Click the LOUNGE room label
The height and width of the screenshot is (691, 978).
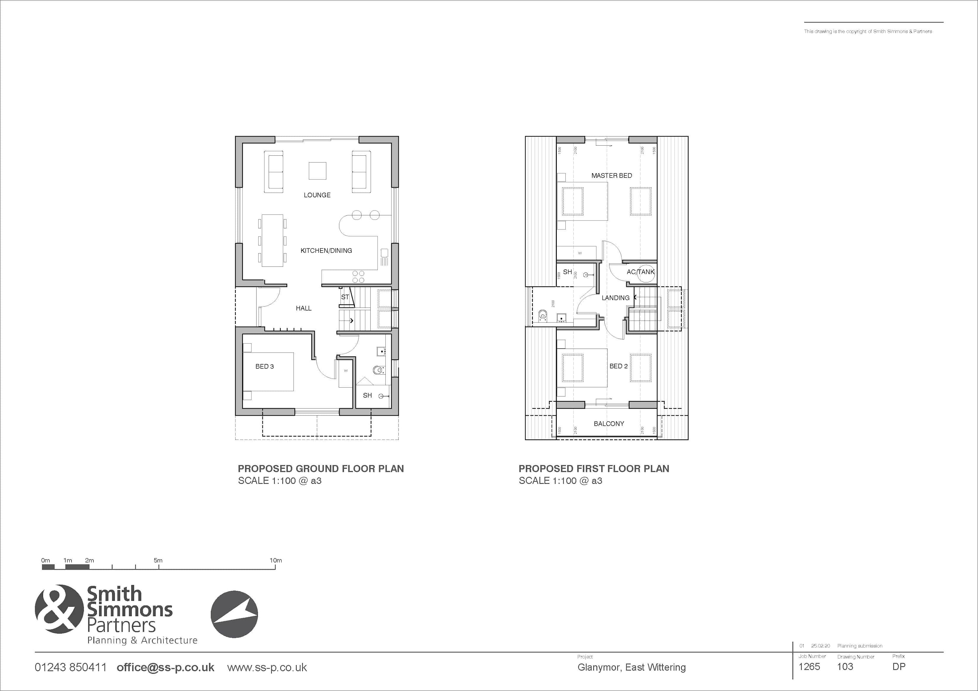click(317, 195)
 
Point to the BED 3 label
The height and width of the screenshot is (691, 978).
click(264, 367)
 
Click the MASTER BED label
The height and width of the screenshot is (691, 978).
click(611, 175)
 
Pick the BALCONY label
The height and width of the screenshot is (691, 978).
click(609, 424)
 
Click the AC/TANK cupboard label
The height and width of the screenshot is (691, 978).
click(640, 272)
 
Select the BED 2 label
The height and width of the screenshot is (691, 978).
click(618, 366)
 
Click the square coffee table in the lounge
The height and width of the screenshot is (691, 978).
click(317, 171)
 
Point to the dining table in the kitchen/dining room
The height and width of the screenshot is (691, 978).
click(272, 240)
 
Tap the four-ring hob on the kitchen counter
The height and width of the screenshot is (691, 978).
click(358, 277)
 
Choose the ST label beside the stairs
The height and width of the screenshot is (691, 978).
click(345, 297)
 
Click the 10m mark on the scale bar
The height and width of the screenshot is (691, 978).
click(275, 561)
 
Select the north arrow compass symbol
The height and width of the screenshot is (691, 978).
click(234, 614)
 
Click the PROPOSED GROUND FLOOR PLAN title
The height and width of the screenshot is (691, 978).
click(320, 469)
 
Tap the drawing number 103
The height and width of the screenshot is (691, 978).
click(845, 667)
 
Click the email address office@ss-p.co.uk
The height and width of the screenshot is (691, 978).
click(165, 668)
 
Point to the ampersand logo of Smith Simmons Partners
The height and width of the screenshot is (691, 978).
click(59, 609)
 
